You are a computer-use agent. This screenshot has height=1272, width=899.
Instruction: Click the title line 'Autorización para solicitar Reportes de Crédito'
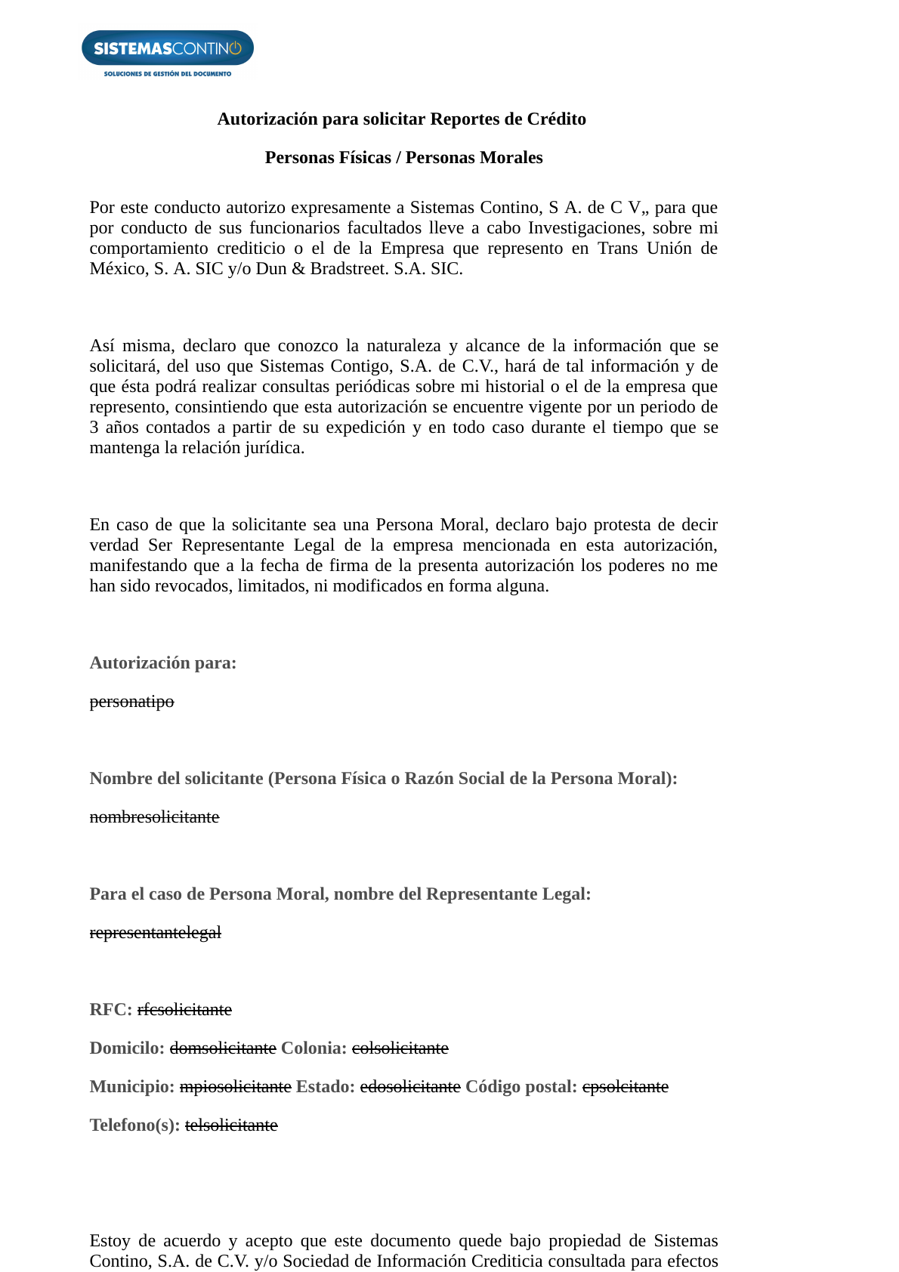[x=401, y=119]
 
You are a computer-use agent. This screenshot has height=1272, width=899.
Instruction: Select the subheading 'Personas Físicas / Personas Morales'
[x=403, y=158]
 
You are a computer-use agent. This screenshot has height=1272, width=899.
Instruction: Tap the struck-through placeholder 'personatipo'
[x=131, y=702]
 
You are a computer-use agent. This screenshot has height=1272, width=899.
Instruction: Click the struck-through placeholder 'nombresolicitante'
[x=154, y=817]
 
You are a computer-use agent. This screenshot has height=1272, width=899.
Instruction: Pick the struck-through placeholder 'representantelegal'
[x=155, y=933]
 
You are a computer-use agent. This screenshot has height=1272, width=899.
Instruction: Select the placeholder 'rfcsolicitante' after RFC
[x=184, y=1010]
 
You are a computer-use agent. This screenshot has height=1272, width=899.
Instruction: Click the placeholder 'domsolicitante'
[x=223, y=1048]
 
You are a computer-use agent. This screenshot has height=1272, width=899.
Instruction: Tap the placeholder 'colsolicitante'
[x=400, y=1048]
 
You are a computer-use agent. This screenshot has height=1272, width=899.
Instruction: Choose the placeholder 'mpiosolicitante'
[x=235, y=1087]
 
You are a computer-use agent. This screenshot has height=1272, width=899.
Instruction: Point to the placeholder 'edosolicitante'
[x=410, y=1087]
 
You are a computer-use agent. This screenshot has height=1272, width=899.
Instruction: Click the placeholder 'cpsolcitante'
[x=625, y=1087]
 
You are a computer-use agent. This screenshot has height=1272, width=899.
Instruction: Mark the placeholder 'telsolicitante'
[x=231, y=1125]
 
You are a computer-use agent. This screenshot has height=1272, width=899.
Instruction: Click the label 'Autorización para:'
[x=163, y=663]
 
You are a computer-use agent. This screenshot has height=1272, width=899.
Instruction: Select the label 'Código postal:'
[x=521, y=1087]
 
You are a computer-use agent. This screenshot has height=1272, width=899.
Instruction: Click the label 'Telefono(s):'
[x=134, y=1125]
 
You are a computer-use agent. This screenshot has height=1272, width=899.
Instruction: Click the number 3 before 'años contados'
[x=94, y=428]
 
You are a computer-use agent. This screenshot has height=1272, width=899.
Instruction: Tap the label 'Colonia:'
[x=314, y=1048]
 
